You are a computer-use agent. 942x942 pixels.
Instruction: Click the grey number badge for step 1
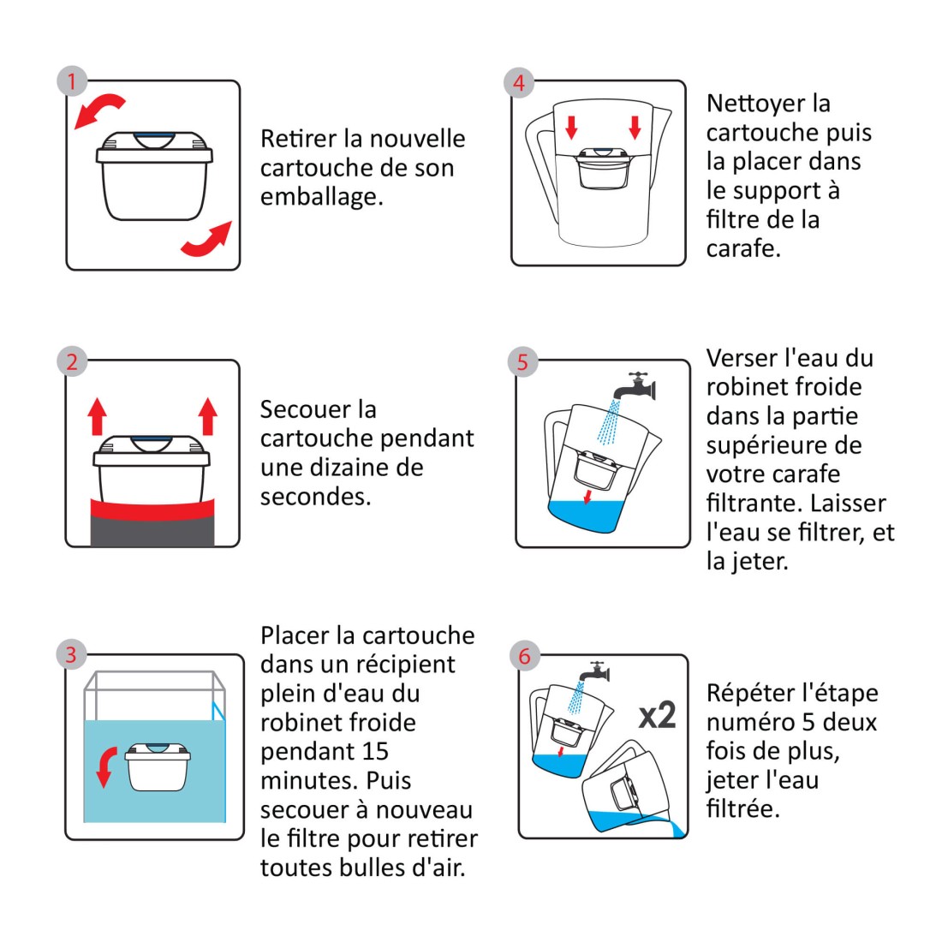pyautogui.click(x=72, y=81)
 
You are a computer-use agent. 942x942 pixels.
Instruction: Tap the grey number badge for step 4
pyautogui.click(x=519, y=82)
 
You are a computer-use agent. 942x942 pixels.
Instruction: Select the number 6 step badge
pyautogui.click(x=524, y=656)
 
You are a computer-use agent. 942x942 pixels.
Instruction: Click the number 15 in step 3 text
pyautogui.click(x=375, y=752)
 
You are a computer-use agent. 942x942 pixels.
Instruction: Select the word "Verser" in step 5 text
pyautogui.click(x=742, y=359)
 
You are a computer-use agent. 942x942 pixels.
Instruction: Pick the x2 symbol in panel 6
pyautogui.click(x=657, y=716)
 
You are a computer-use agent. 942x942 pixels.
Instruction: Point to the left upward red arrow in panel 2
pyautogui.click(x=98, y=415)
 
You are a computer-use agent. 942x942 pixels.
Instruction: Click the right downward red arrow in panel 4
pyautogui.click(x=635, y=128)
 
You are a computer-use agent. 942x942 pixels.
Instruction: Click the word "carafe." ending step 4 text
pyautogui.click(x=743, y=248)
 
